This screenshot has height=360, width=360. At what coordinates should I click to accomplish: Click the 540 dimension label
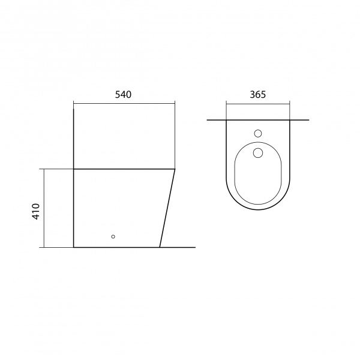click(123, 95)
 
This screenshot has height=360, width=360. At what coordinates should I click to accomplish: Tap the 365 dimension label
click(257, 95)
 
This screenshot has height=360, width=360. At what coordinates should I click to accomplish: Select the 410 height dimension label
click(36, 211)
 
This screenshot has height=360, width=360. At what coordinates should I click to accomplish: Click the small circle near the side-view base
click(113, 236)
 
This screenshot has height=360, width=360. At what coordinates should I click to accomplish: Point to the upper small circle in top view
click(258, 133)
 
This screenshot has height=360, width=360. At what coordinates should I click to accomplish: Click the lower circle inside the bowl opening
click(258, 153)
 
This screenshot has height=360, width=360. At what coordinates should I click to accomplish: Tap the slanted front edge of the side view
click(167, 208)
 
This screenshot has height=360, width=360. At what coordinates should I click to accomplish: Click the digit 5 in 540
click(118, 95)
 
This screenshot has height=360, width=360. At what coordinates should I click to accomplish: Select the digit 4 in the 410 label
click(36, 217)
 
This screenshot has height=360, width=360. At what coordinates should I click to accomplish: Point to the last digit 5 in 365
click(263, 95)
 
